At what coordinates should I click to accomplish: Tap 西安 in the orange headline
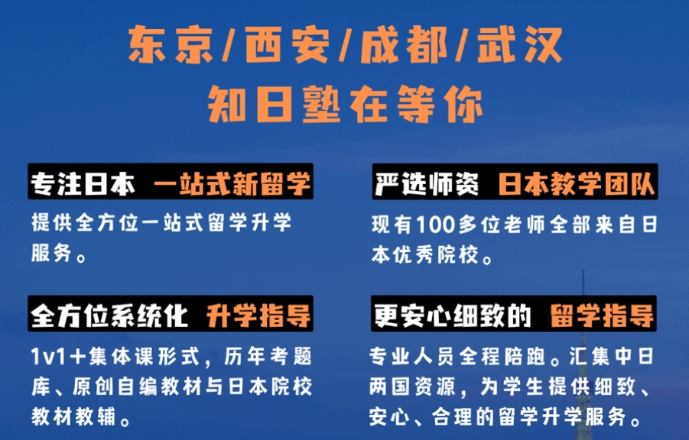click(288, 44)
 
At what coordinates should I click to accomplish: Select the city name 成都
click(403, 44)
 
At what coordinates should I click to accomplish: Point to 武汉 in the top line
click(519, 44)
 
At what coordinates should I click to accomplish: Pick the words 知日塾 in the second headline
click(275, 105)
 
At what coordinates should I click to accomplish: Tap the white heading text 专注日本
click(83, 183)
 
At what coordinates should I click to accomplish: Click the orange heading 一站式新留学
click(232, 183)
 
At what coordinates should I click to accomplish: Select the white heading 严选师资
click(427, 183)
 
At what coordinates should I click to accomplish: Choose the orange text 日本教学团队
click(577, 183)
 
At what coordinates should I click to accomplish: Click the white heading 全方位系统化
click(109, 315)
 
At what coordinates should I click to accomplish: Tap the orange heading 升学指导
click(258, 315)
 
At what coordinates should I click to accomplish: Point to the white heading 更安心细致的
click(453, 315)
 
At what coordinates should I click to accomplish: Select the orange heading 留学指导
click(602, 315)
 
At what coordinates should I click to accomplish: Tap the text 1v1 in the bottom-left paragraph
click(48, 356)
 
